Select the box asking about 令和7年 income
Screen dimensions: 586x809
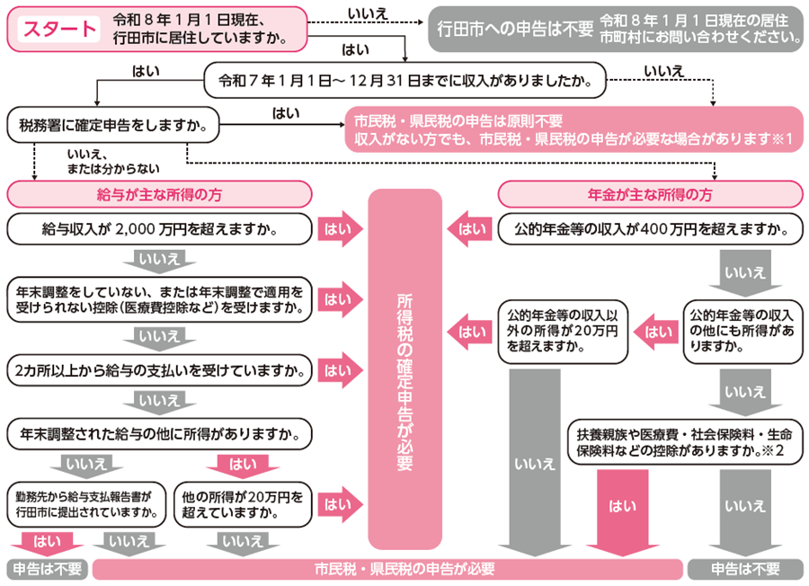[x=404, y=80]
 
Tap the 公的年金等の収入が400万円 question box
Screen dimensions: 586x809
[x=650, y=229]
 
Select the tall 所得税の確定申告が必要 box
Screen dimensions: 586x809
[x=404, y=368]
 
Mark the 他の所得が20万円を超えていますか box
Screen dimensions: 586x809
[x=243, y=504]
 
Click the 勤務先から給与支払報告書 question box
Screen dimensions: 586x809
[x=87, y=504]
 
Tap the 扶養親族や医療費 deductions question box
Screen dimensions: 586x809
[x=683, y=442]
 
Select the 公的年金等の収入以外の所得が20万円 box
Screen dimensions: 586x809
[x=563, y=331]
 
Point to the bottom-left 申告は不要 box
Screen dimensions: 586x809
[x=45, y=570]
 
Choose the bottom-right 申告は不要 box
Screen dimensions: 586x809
[x=745, y=570]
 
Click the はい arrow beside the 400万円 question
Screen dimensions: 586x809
[x=470, y=229]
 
